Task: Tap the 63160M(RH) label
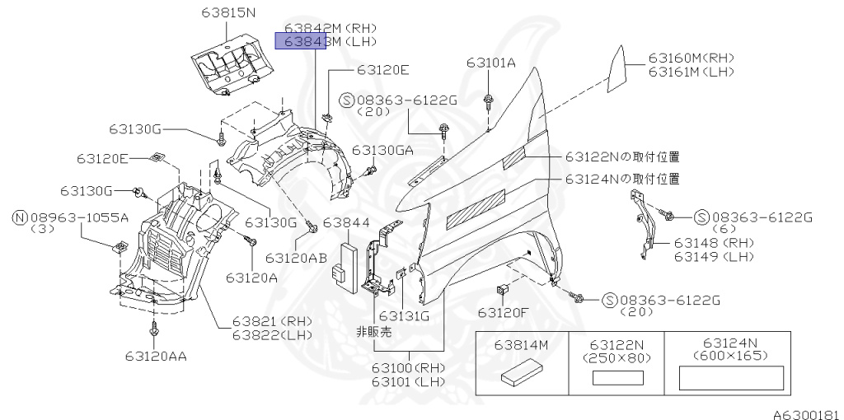tap(691, 58)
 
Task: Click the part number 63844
tap(346, 223)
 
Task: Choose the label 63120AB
tap(300, 257)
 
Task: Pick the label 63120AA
tap(156, 356)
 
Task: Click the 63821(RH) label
tap(269, 321)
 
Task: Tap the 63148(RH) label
tap(714, 243)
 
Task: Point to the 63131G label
tap(405, 315)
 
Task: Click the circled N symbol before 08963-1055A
tap(19, 217)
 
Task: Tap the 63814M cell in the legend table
tap(522, 347)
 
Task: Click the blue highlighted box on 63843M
tap(300, 42)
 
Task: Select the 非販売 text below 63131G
tap(373, 332)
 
